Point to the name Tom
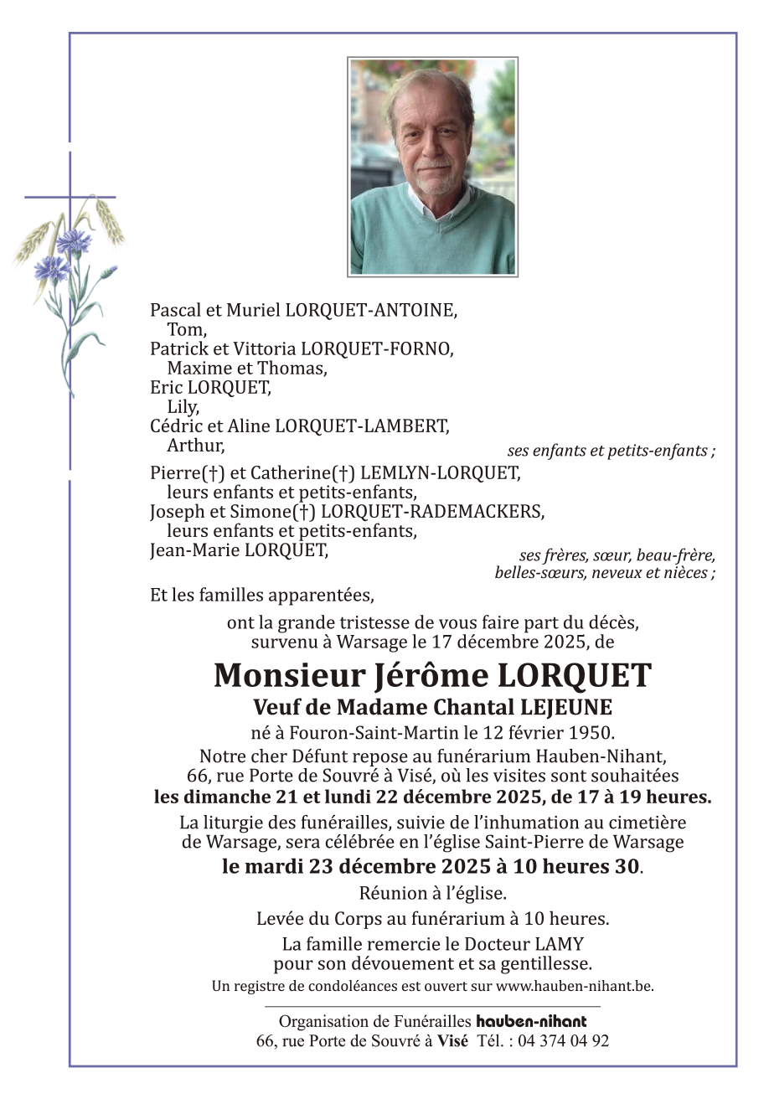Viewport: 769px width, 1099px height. pos(186,329)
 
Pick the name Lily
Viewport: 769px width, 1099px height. pos(183,407)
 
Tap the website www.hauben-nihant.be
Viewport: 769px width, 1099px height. pos(574,986)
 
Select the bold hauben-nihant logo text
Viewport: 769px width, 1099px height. pos(531,1021)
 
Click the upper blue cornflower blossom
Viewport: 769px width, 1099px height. pos(74,240)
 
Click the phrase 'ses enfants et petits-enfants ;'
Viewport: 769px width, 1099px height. pos(611,451)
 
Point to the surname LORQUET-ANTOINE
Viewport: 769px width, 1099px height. pos(371,310)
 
